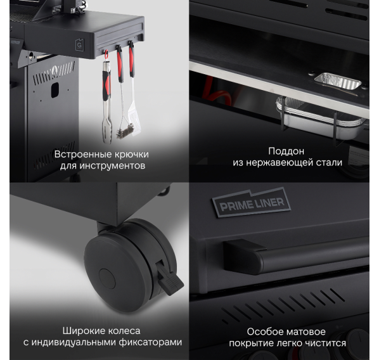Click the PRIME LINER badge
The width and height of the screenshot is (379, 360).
coord(252,202)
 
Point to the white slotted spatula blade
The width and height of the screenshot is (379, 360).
coord(134,120)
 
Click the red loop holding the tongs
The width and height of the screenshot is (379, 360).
coord(106,55)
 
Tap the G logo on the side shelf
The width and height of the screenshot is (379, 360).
coord(79,46)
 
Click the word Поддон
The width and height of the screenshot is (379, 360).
coord(286,151)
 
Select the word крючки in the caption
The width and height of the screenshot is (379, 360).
coord(131,154)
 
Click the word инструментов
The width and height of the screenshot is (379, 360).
coord(112,166)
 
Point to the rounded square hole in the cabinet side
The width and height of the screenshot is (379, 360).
coord(55,90)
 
